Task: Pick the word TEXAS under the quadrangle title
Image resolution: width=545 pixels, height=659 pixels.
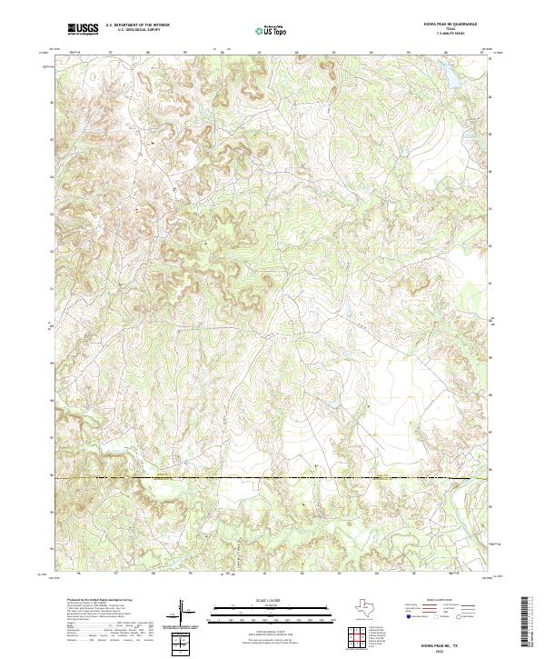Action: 444,31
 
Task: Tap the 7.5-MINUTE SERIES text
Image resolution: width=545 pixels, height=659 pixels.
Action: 444,35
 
